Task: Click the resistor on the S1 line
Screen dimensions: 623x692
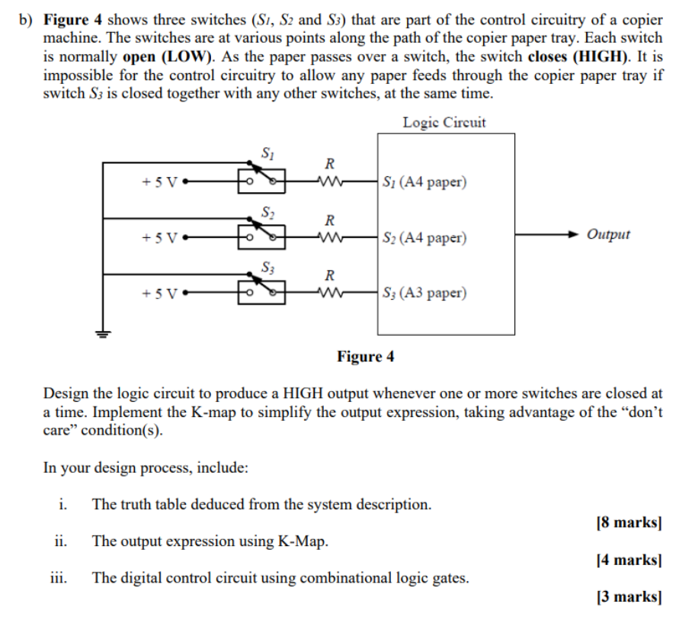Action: click(x=329, y=182)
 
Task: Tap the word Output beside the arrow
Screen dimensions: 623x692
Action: click(x=608, y=234)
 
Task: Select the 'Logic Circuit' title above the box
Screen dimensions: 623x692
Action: click(x=444, y=122)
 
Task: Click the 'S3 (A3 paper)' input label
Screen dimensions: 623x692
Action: click(x=424, y=293)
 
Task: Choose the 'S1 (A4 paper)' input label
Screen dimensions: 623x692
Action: click(x=424, y=183)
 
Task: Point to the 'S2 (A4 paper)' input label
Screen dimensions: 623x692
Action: click(x=424, y=238)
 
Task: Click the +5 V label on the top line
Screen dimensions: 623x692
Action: click(x=159, y=183)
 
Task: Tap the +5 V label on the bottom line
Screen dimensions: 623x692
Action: click(x=159, y=293)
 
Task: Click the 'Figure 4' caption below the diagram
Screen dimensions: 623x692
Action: click(x=366, y=356)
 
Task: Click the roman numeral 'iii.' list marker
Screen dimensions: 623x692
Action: click(x=59, y=578)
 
